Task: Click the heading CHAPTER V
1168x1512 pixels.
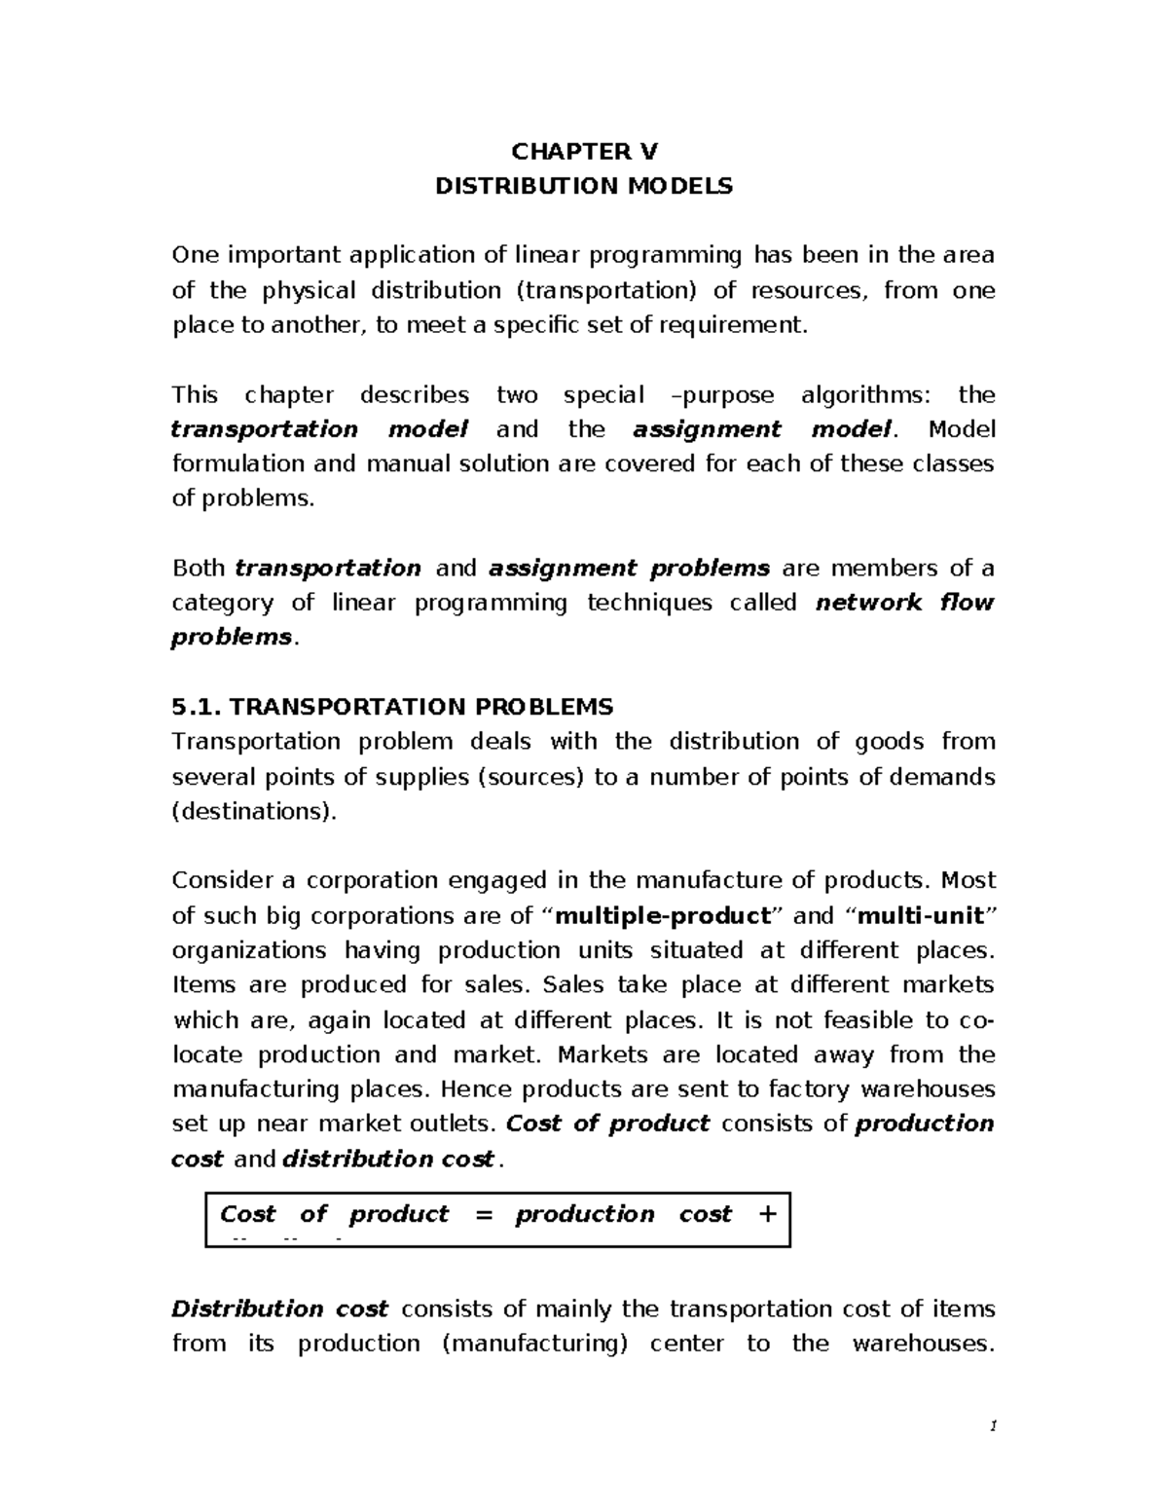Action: [584, 151]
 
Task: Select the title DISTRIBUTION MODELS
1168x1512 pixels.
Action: [584, 186]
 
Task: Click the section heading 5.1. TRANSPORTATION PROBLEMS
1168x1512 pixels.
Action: [392, 707]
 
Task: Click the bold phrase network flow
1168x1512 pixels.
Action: [904, 603]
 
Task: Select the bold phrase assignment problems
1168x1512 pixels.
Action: [629, 568]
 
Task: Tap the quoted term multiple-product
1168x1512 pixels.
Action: [662, 915]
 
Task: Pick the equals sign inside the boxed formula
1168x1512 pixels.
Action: [481, 1214]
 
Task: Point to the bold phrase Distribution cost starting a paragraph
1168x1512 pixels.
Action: [280, 1309]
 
